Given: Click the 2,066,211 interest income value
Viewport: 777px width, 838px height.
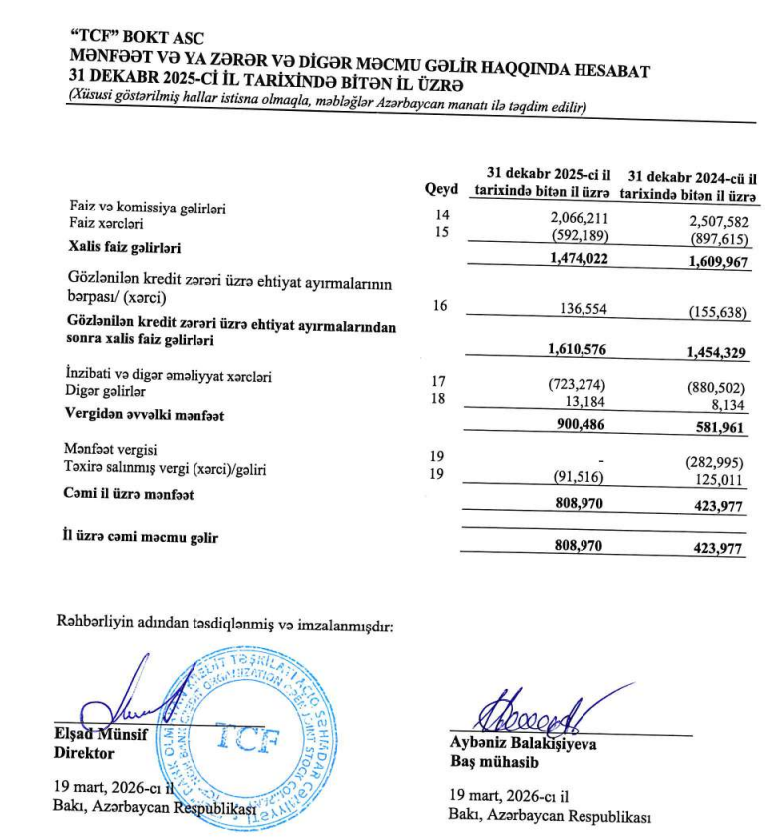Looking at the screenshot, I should click(579, 217).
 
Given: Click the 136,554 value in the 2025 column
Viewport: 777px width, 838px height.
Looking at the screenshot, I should click(581, 309).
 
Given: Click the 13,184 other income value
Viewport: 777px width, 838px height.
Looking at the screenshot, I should click(587, 400).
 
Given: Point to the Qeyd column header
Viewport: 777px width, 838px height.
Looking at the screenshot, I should click(441, 188).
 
